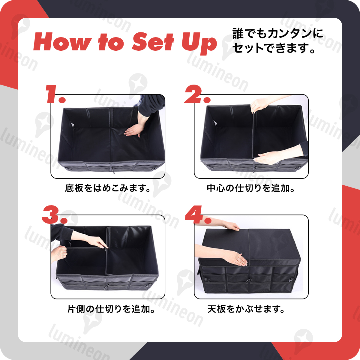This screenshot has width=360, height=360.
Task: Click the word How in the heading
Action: coord(62,42)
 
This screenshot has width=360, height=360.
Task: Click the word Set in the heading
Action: coord(153,42)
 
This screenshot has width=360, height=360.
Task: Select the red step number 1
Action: coord(55,94)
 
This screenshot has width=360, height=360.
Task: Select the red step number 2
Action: coord(197,94)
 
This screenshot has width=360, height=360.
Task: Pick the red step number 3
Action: coord(55,214)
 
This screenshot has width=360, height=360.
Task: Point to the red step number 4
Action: coord(198,214)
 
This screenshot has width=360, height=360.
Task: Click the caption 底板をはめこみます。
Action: coord(108,188)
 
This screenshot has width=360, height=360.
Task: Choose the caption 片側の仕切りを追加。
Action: coord(111,309)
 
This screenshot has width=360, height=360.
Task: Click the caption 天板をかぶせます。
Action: coord(246,309)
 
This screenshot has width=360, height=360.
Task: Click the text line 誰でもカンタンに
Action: coord(278,34)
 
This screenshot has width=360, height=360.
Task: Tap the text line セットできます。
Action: coord(274,48)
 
